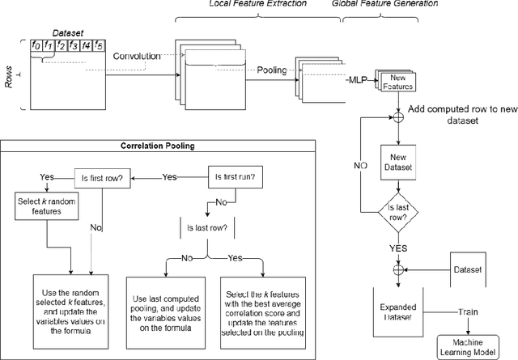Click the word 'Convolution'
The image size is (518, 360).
coord(136,57)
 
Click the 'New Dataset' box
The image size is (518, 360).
coord(397,162)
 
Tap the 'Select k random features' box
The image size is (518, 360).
coord(47,206)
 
